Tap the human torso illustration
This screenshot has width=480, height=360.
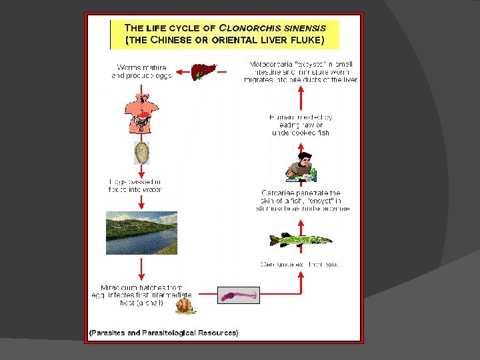[x=141, y=113]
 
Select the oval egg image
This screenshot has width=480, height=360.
[x=142, y=153]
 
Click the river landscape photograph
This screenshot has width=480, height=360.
[x=141, y=233]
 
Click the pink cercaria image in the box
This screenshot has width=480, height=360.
[x=238, y=295]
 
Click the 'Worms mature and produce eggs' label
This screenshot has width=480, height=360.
[x=141, y=71]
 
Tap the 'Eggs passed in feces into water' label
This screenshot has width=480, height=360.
[x=135, y=185]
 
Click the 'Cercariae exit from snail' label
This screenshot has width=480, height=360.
[x=299, y=264]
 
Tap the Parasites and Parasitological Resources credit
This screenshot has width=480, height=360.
[x=164, y=332]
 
